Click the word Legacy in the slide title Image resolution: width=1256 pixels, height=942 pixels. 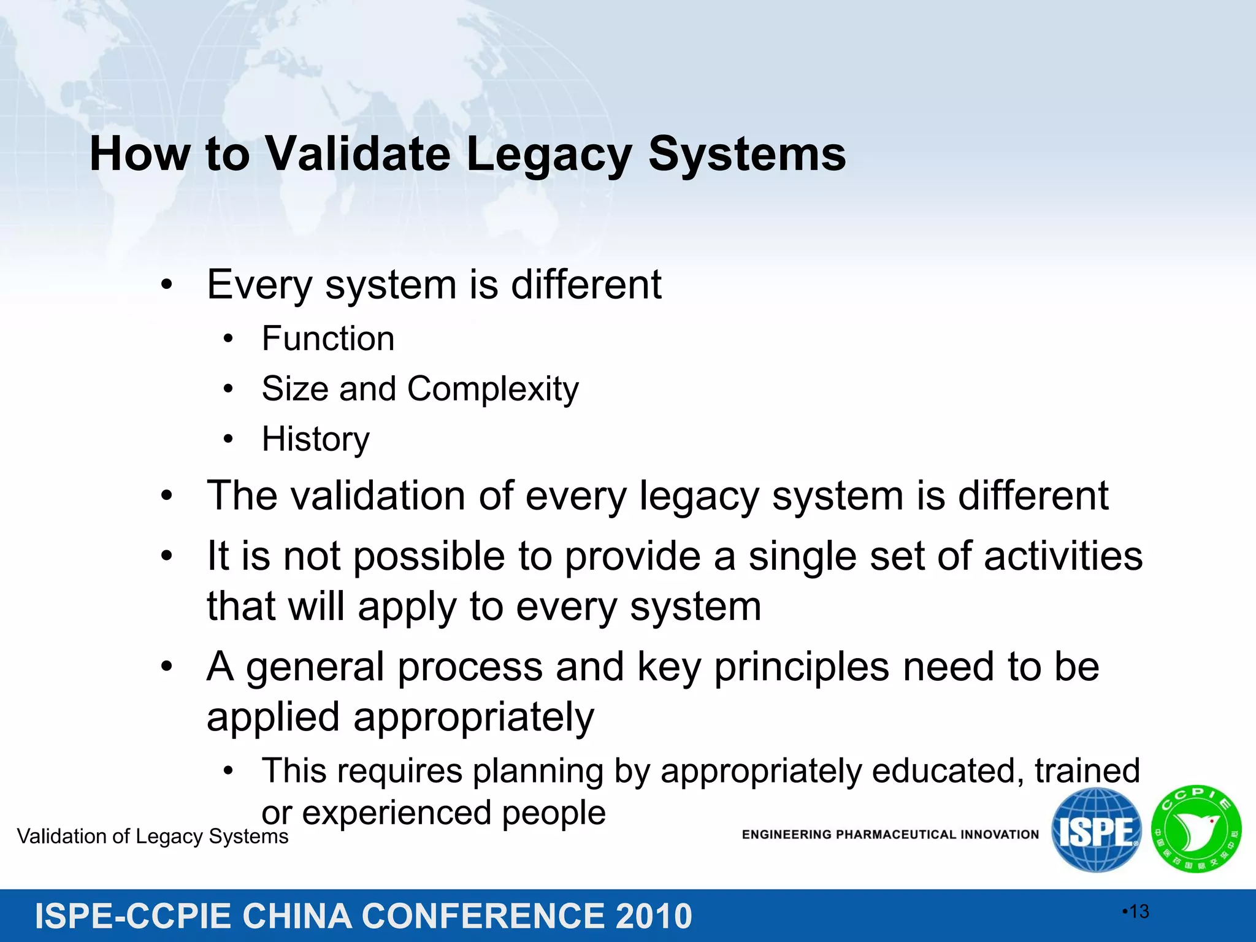tap(548, 155)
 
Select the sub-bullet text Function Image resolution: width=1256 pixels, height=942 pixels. tap(327, 339)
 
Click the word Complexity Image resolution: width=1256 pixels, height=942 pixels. tap(492, 389)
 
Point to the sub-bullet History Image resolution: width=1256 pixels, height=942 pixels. tap(315, 439)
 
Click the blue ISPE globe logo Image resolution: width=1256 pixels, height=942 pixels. tap(1096, 831)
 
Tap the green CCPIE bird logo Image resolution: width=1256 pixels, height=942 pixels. tap(1196, 829)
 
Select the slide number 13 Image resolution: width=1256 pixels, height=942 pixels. tap(1138, 912)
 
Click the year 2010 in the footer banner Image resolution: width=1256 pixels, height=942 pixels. tap(654, 916)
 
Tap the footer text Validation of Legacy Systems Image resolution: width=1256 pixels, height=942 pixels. tap(153, 837)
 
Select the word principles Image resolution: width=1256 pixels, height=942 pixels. tap(801, 667)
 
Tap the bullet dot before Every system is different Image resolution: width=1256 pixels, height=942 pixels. tap(166, 285)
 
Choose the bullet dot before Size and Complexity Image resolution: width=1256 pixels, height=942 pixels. tap(228, 389)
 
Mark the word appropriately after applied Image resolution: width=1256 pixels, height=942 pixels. tap(473, 718)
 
